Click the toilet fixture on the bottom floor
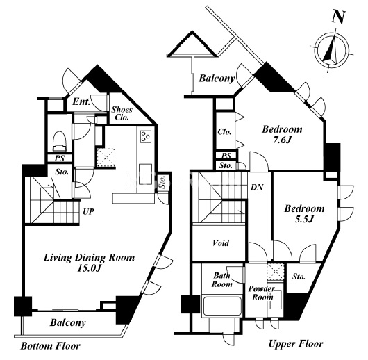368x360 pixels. coord(60,141)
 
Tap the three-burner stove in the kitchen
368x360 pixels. coord(146,136)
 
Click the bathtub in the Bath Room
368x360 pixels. coord(222,306)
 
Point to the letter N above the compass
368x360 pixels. coord(338,17)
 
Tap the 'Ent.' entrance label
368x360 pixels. coord(81,102)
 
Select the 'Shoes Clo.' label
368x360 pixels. coord(122,113)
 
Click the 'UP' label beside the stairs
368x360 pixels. coord(88,212)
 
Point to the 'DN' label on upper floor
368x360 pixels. coord(257,187)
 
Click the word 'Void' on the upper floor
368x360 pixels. coord(221,243)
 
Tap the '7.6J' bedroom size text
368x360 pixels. coord(282,140)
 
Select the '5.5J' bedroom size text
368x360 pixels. coord(304,220)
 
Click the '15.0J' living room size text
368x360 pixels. coord(89,268)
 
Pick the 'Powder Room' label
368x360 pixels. coord(262,293)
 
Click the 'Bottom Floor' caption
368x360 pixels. coord(51,346)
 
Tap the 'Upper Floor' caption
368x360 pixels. coord(296,344)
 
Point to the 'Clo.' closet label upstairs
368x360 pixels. coord(224,131)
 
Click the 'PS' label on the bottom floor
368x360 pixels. coord(60,158)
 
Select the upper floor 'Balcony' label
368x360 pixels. coord(217,79)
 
